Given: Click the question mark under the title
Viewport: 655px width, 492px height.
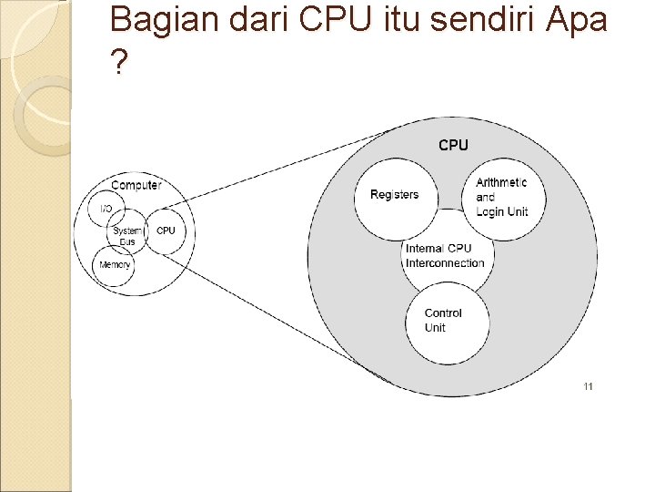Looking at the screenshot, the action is coord(117,62).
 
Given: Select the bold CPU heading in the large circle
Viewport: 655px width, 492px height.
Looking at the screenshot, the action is coord(453,145).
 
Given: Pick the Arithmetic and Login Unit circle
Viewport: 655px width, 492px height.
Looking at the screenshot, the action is coord(501,197).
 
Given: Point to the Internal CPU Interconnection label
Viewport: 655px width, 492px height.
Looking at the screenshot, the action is coord(445,255).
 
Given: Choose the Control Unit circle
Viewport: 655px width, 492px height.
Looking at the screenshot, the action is coord(444,320).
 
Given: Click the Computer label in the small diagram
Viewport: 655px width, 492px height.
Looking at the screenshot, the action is coord(136,186).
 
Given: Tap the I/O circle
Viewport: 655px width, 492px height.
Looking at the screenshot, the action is coord(106,210).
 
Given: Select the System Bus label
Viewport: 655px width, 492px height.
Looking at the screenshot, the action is coord(128,236).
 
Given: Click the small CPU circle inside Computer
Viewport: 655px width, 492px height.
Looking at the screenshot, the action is coord(166,231).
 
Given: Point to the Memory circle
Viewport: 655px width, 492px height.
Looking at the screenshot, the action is coord(115,264).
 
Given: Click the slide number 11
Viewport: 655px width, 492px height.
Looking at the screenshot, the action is coord(588,386).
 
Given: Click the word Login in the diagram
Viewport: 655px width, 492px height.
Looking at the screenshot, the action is coord(491,212).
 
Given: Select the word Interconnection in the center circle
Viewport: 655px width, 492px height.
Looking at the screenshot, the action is coord(446,263).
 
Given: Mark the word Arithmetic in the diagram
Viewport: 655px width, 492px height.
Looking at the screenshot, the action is coord(501,182).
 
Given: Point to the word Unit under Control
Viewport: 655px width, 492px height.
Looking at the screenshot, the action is coord(435,328).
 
